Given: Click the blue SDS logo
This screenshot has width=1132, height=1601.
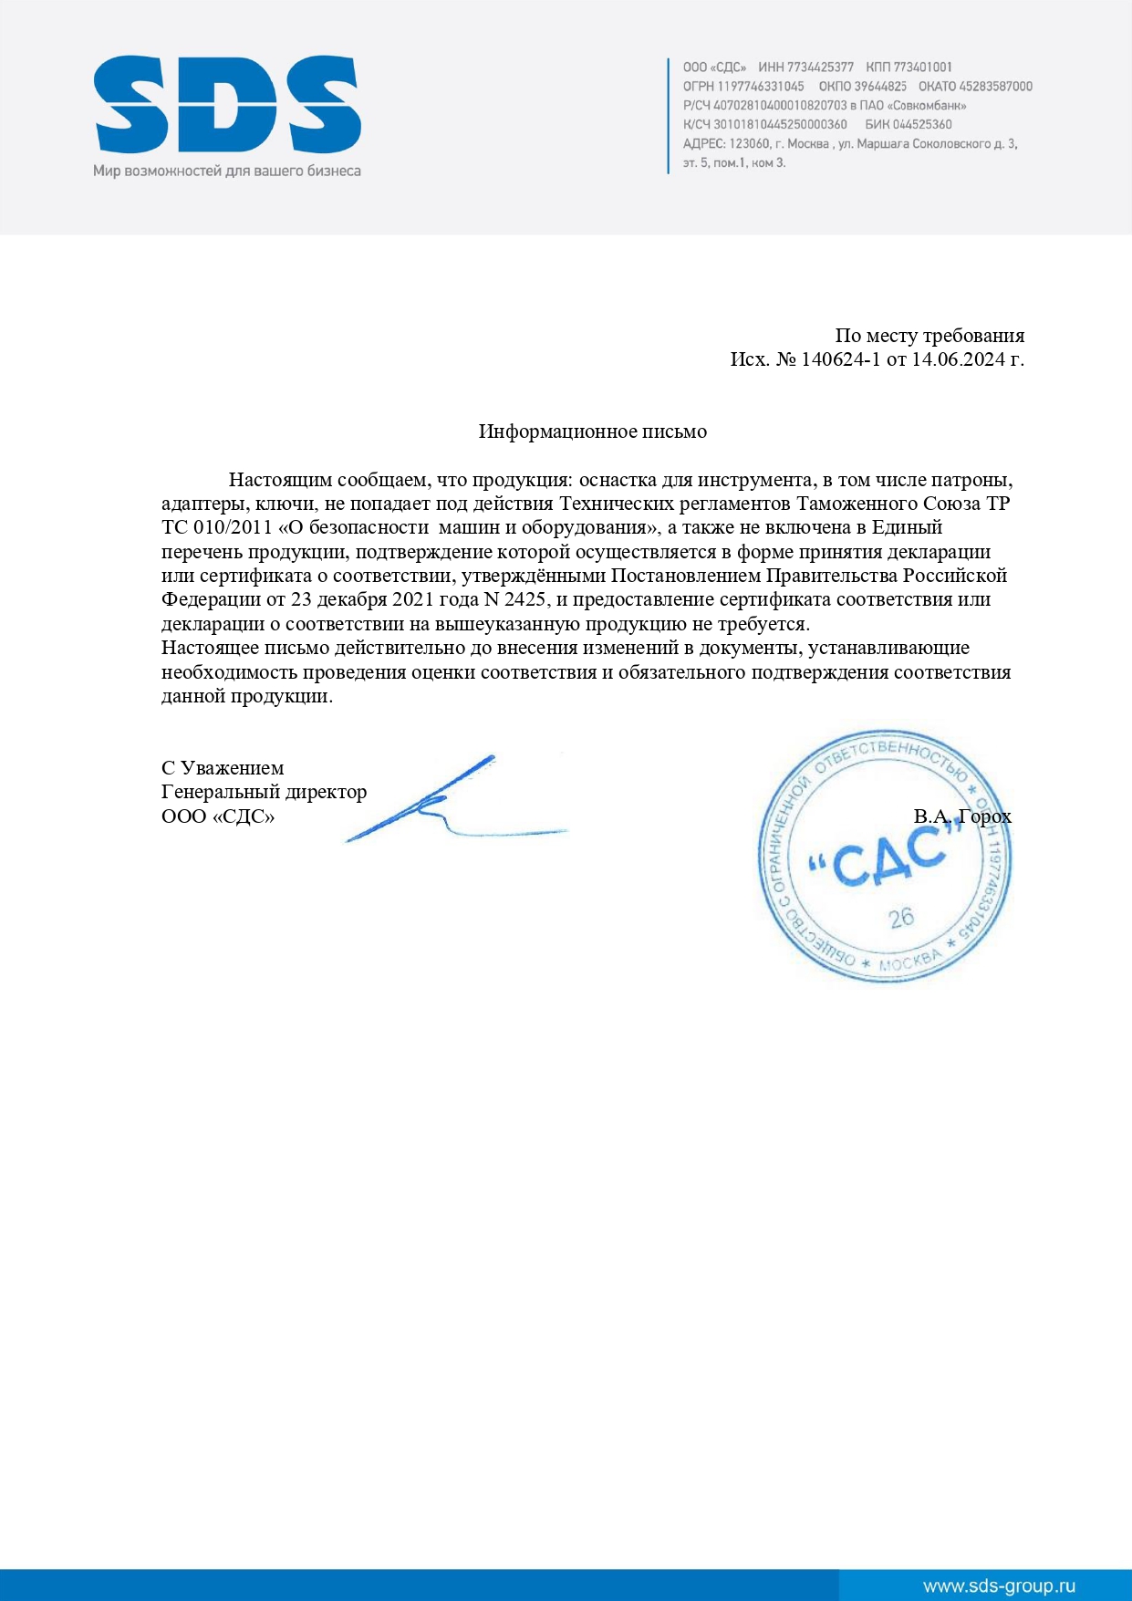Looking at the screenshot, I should point(227,105).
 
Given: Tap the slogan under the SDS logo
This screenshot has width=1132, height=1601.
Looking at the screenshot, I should point(227,171).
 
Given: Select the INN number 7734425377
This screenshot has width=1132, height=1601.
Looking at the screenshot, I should point(819,67).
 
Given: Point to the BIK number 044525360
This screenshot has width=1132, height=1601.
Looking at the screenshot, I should point(921,124).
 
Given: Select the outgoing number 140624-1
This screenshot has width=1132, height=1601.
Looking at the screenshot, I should point(840,359).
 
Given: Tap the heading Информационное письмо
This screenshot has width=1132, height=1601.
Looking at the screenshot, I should point(592,431).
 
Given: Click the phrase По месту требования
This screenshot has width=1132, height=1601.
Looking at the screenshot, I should point(929,336).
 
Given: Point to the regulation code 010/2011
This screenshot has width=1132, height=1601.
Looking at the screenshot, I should point(232,527).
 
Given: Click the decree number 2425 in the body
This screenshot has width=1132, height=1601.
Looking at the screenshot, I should point(524,599).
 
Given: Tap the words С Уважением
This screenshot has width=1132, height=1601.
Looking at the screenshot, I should point(223,768).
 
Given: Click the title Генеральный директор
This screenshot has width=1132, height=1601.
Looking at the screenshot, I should point(264,792).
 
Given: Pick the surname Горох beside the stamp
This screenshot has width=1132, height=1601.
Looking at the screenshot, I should point(985,816).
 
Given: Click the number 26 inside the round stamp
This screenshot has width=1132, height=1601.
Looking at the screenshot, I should point(901,918).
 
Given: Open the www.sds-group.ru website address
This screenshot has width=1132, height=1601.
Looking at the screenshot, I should point(999,1586).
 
